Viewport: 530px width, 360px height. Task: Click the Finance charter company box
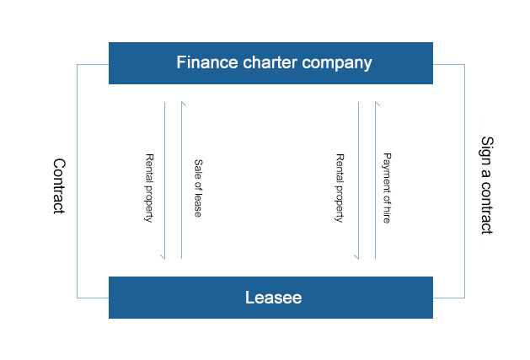tap(270, 63)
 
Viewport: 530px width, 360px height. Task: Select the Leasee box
tap(270, 297)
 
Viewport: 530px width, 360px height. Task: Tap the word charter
tap(263, 62)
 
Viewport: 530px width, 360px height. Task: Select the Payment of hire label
tap(387, 188)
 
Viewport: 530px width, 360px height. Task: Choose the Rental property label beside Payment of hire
tap(340, 188)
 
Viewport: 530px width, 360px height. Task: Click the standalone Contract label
tap(58, 185)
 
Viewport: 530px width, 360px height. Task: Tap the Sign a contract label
tap(486, 185)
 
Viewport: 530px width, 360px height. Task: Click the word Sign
tap(486, 148)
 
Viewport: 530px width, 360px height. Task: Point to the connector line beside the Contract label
tap(77, 180)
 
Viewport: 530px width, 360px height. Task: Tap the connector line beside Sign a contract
tap(465, 180)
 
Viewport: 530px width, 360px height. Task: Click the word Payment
tap(387, 169)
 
